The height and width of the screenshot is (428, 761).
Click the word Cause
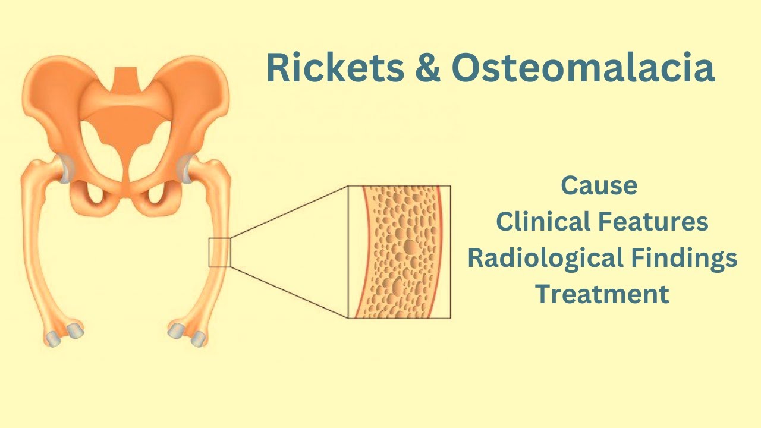click(x=599, y=186)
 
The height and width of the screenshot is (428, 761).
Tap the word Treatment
click(x=602, y=294)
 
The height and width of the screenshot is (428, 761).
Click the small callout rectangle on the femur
click(x=219, y=252)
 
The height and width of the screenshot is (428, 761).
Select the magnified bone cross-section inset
click(x=399, y=252)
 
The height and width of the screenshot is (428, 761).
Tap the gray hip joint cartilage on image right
click(x=189, y=169)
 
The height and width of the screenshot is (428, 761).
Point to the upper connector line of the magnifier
click(x=289, y=212)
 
